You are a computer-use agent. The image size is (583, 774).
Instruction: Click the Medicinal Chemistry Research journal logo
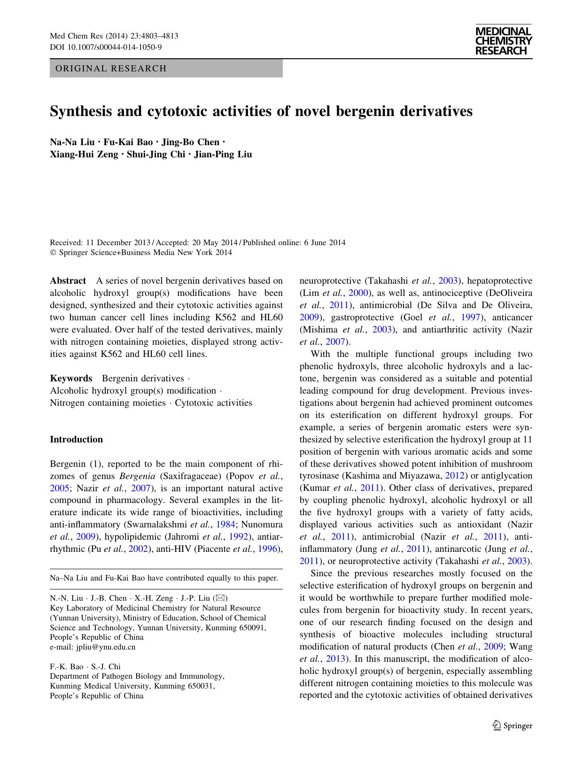[503, 41]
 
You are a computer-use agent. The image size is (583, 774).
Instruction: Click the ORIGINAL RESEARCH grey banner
[166, 69]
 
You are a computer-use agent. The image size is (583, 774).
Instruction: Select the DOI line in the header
[106, 47]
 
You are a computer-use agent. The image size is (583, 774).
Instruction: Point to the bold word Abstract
[68, 281]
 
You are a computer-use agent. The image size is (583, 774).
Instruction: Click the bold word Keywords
[71, 379]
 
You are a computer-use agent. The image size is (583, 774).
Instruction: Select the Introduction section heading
[76, 440]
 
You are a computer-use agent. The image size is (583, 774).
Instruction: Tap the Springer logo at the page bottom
[513, 726]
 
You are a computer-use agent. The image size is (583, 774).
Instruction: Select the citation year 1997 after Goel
[470, 317]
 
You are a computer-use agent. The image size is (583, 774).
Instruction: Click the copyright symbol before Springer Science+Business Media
[53, 253]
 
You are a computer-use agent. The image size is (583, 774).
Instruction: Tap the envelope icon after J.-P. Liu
[220, 598]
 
